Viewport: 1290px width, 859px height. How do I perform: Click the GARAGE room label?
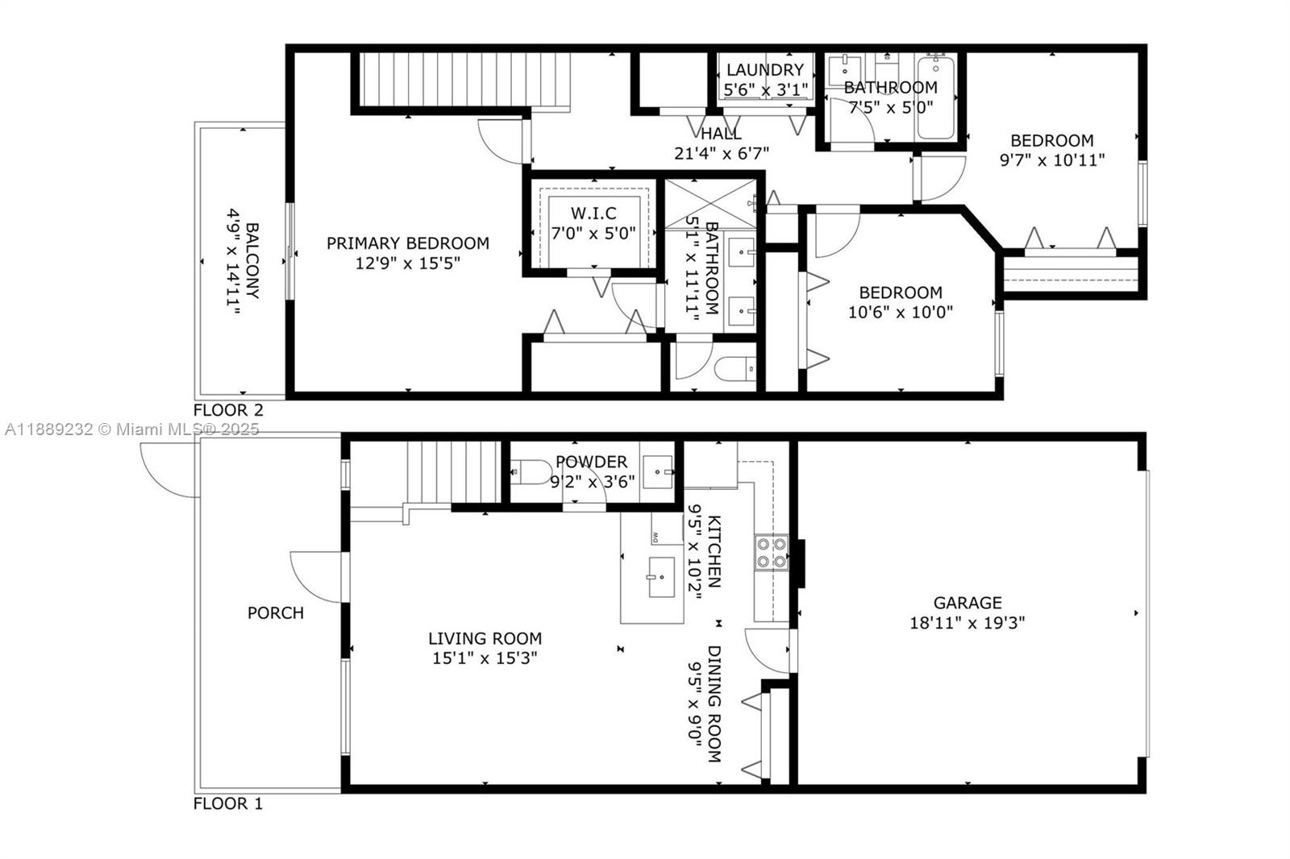pos(967,603)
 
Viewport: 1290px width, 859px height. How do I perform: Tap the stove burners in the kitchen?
pos(772,553)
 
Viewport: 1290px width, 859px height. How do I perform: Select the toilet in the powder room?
pos(531,472)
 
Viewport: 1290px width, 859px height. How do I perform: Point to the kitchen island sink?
pos(661,577)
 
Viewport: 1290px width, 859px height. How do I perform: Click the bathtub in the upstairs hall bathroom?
pos(936,97)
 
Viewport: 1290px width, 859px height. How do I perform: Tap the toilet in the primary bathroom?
pos(734,369)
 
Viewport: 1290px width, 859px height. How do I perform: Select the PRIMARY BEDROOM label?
pos(408,243)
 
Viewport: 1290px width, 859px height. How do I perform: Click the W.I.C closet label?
pos(593,214)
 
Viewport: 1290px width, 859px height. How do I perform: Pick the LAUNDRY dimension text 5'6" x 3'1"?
pos(765,90)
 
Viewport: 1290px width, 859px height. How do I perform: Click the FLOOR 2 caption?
pos(228,410)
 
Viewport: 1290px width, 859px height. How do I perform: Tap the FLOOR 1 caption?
pos(227,803)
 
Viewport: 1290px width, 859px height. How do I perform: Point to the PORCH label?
pos(276,613)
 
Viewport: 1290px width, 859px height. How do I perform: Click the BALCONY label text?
pos(252,261)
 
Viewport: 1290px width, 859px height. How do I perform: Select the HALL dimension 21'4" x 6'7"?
pos(722,154)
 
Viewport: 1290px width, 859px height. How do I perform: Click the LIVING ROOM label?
pos(485,638)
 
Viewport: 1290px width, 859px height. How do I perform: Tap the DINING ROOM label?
pos(714,703)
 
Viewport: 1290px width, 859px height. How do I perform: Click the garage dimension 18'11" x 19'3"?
pos(967,623)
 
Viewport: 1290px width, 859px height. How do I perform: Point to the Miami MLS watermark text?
pos(132,429)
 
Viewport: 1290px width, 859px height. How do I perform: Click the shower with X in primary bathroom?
pos(710,204)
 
